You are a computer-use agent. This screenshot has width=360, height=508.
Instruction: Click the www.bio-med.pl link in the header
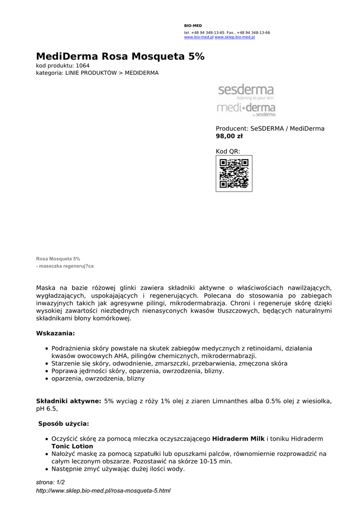[x=199, y=37]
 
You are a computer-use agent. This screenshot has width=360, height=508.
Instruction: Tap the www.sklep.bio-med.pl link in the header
[x=235, y=37]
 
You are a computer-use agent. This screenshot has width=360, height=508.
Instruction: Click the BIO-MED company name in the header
[x=193, y=25]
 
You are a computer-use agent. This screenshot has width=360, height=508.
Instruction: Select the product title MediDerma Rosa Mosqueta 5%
[x=120, y=57]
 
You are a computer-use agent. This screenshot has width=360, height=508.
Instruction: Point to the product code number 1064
[x=83, y=65]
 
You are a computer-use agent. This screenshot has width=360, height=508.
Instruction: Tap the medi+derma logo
[x=246, y=109]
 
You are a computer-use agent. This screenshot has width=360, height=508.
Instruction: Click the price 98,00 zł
[x=229, y=136]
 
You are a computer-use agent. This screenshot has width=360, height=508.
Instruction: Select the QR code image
[x=234, y=173]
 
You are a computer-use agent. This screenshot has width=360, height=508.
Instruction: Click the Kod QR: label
[x=228, y=151]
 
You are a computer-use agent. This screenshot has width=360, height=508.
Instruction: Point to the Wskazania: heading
[x=56, y=333]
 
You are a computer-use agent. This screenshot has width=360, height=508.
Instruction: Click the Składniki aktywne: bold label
[x=69, y=400]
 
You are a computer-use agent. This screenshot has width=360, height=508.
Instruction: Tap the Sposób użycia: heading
[x=64, y=424]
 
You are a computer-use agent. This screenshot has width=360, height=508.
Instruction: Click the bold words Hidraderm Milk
[x=238, y=439]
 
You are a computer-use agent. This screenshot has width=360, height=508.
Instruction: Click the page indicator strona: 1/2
[x=51, y=482]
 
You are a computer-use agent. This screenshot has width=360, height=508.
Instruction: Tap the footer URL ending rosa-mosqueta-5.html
[x=103, y=491]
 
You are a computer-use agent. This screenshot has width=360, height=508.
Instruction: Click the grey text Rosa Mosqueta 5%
[x=58, y=259]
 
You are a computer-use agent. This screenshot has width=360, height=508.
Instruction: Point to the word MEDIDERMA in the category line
[x=142, y=73]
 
